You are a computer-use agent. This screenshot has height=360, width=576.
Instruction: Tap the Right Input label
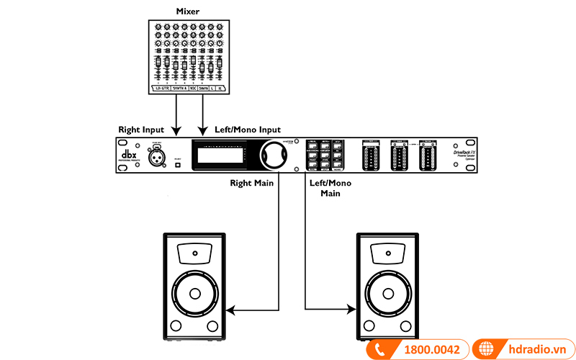(x=141, y=130)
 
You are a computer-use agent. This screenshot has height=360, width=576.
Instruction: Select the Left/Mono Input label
(x=248, y=130)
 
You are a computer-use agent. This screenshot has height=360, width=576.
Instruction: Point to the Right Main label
(x=251, y=183)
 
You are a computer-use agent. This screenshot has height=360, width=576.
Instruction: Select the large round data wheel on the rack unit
(x=274, y=154)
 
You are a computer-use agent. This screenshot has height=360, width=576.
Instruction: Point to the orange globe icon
(x=487, y=349)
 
